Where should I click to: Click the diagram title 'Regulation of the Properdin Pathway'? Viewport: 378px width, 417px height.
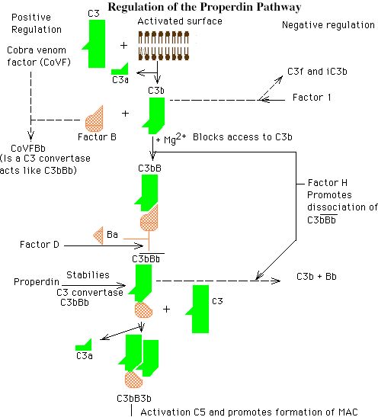point(204,7)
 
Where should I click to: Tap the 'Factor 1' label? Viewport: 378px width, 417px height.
point(312,98)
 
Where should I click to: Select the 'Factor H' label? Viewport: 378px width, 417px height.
point(328,183)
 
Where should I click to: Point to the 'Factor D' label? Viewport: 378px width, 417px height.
point(40,245)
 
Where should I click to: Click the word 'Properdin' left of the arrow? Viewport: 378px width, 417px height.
point(37,282)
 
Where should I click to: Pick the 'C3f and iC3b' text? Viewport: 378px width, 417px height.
point(317,72)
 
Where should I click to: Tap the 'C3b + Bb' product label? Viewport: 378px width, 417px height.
point(316,277)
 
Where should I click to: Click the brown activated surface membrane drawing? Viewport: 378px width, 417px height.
point(164,46)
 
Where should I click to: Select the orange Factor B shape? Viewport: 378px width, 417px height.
point(94,119)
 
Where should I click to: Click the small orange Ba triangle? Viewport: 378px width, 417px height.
point(98,236)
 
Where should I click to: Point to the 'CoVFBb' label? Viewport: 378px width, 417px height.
point(28,148)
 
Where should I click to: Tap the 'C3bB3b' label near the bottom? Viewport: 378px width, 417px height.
point(134,399)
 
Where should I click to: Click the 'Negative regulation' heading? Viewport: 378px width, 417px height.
point(328,25)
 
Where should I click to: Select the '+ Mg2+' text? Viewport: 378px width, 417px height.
point(171,138)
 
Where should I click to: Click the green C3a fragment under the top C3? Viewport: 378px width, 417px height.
point(120,69)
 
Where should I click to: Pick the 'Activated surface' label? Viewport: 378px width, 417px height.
point(180,21)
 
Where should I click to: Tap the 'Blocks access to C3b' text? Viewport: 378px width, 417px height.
point(242,137)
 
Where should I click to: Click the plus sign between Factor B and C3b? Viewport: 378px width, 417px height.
point(125,114)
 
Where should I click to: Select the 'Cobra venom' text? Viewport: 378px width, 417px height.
point(37,50)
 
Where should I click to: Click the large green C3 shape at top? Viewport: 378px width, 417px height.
point(95,44)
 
